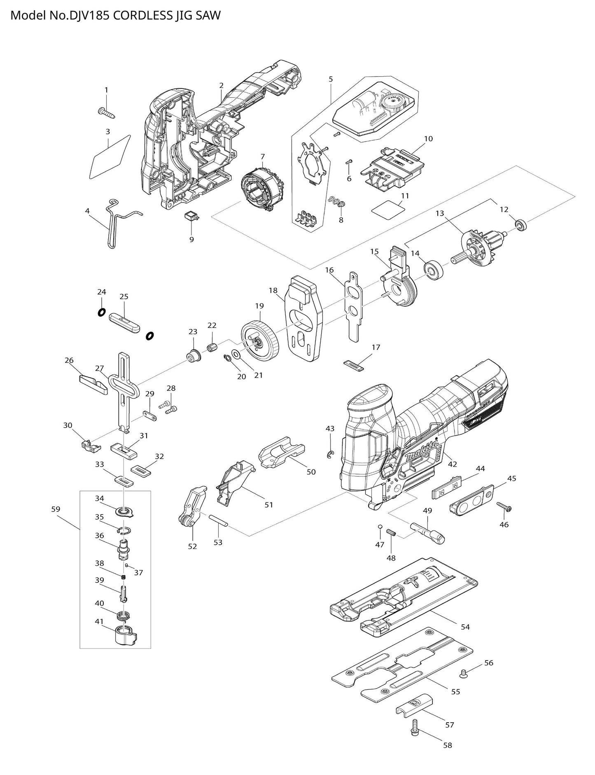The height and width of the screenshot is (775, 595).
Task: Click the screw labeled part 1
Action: click(x=106, y=112)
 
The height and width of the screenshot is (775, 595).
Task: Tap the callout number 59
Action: click(x=56, y=509)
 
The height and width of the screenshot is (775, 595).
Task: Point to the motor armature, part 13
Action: click(x=480, y=247)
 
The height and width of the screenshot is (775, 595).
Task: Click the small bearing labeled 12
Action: click(x=522, y=225)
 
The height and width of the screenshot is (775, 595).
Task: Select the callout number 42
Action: click(x=453, y=464)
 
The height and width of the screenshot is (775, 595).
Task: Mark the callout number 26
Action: click(x=69, y=360)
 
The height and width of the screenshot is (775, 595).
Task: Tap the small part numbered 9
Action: click(x=191, y=217)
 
